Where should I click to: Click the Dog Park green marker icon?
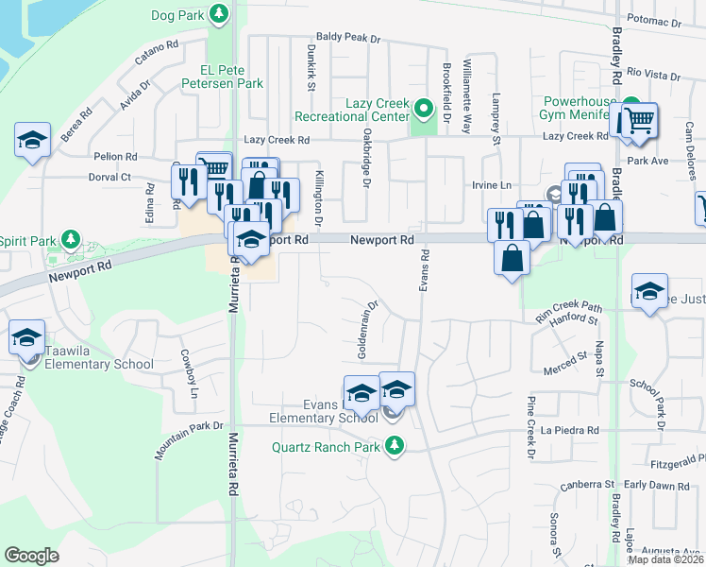[219, 14]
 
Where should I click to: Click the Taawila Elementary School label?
[99, 364]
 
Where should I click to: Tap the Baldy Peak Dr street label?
[348, 39]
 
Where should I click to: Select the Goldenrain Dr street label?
[367, 329]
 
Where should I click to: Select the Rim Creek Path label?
[568, 307]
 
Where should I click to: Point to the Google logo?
[31, 556]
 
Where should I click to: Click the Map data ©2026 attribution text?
[666, 559]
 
